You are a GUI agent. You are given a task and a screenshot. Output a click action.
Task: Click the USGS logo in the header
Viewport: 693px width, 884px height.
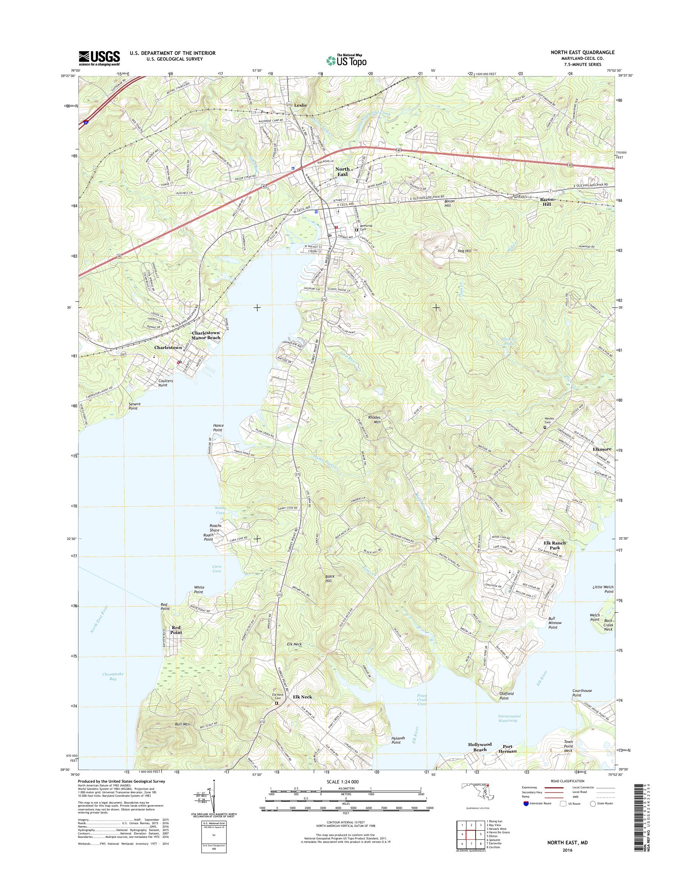coord(99,58)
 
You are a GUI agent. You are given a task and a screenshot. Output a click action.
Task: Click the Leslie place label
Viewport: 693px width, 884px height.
coord(300,105)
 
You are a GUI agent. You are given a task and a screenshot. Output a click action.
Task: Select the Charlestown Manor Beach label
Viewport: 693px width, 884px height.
coord(206,335)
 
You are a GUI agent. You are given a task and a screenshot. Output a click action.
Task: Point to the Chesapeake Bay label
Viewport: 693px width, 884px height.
coord(113,676)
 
